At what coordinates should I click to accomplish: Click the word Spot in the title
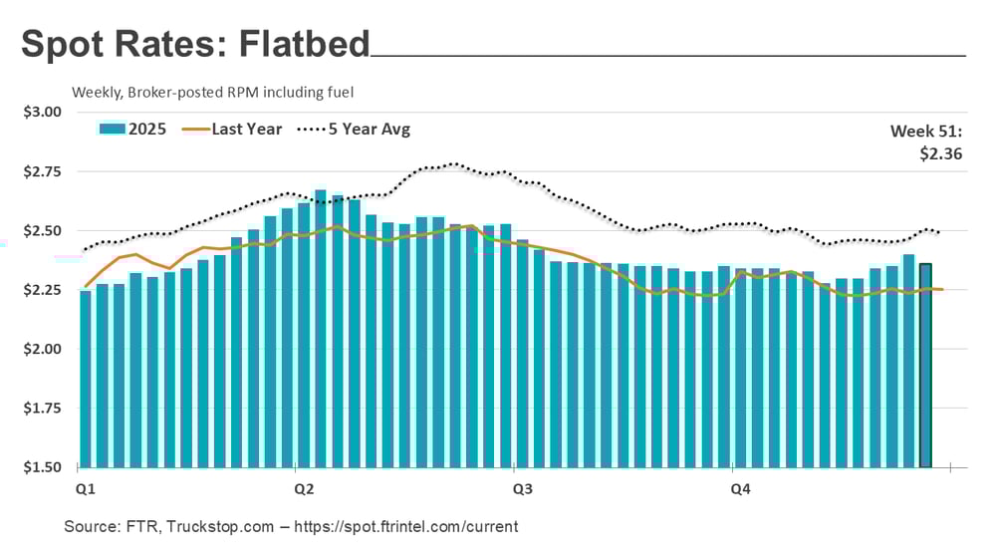63,45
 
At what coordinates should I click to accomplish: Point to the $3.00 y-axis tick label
42,112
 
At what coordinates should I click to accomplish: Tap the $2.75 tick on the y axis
42,171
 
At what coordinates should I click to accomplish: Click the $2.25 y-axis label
42,290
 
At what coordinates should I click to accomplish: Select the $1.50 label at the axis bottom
42,467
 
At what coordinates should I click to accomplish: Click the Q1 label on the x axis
86,489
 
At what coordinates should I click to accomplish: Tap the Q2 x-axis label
304,489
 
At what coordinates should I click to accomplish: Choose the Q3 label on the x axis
522,489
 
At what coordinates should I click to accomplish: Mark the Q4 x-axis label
740,489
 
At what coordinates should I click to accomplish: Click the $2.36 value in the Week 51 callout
941,153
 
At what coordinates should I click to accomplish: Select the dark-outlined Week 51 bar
925,369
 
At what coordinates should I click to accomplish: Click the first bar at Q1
86,379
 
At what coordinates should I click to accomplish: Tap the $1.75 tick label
42,409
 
